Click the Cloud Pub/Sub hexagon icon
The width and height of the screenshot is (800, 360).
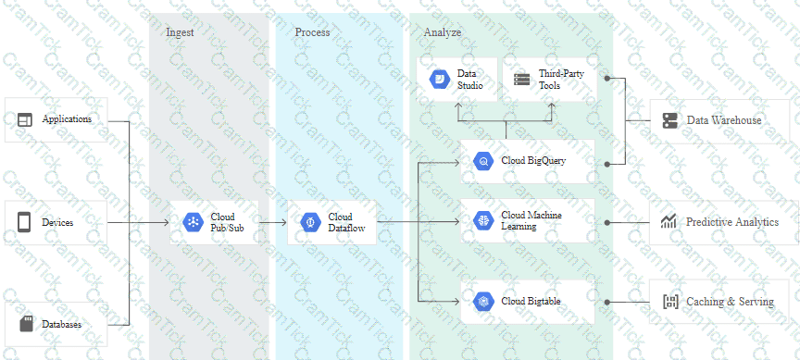(x=193, y=222)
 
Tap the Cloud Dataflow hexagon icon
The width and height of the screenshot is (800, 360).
(x=311, y=222)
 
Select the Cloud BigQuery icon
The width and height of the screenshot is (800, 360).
(x=483, y=161)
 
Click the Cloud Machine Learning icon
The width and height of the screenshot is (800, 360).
(x=483, y=221)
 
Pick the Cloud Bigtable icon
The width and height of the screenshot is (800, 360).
(x=483, y=302)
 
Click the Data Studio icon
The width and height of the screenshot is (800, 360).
(x=439, y=80)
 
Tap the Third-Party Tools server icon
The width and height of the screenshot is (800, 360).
(x=522, y=80)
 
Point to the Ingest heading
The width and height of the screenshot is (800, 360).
(x=180, y=32)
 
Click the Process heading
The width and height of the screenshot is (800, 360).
(x=312, y=32)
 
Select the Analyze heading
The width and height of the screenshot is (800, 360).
(x=443, y=32)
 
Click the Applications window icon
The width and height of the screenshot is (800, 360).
(x=24, y=120)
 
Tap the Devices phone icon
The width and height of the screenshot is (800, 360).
(x=24, y=222)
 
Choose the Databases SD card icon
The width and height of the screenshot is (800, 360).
(x=26, y=324)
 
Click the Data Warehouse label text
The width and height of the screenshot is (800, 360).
(x=724, y=120)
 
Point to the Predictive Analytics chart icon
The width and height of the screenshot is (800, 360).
(x=669, y=222)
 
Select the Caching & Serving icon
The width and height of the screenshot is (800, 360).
(x=670, y=302)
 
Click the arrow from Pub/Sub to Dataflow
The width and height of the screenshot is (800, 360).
(x=273, y=222)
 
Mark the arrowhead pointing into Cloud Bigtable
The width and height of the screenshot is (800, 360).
(x=457, y=302)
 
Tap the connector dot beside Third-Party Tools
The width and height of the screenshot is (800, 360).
(x=607, y=79)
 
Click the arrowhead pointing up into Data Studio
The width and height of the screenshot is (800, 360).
(x=458, y=106)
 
